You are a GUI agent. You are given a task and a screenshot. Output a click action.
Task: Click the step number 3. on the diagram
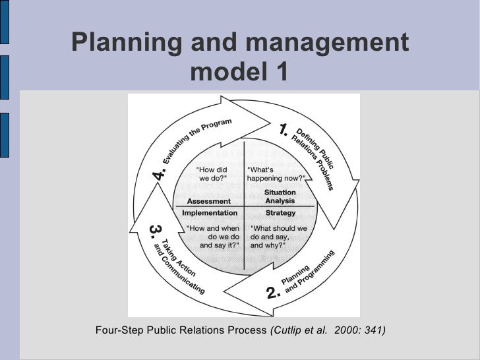[156, 231]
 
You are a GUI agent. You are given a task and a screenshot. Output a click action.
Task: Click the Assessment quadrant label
[209, 201]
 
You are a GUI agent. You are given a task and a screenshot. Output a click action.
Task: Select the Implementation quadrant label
[209, 213]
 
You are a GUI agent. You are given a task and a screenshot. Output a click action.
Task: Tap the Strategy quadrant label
[280, 213]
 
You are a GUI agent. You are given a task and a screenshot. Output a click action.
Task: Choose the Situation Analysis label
[280, 196]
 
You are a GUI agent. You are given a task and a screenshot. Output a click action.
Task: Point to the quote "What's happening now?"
[276, 173]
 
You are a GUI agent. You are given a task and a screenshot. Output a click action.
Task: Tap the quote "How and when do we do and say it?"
[213, 237]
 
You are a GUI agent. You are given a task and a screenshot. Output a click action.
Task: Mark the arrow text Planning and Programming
[308, 271]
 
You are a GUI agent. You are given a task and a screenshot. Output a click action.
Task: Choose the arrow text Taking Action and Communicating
[179, 267]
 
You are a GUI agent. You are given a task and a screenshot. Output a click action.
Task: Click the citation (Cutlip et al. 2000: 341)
[328, 329]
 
